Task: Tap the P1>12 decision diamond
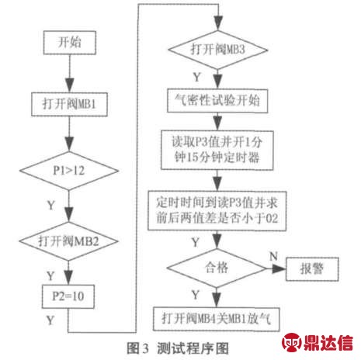69,171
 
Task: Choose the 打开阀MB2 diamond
69,241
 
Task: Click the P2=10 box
68,296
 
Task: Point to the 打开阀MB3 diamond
218,50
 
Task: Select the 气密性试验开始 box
217,101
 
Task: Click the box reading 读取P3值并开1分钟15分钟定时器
217,150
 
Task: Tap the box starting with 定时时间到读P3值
217,211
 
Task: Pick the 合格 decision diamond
217,268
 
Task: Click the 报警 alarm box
312,269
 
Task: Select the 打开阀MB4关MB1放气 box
217,319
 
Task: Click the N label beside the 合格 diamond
274,257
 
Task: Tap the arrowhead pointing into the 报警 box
279,269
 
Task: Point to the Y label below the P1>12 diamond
51,206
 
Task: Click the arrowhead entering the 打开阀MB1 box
69,85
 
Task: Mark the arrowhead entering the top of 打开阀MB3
218,23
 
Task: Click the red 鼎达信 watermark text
328,343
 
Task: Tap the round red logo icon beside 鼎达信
292,343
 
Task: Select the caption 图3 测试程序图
178,348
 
